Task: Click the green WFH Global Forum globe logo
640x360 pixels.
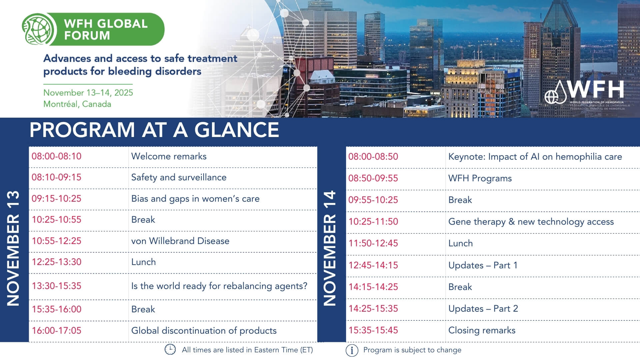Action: (39, 29)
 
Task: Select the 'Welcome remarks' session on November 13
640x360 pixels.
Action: (169, 156)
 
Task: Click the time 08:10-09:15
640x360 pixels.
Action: (56, 177)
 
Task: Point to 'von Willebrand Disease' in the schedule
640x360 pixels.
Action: (180, 241)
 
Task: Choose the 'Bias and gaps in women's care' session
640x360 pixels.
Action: (195, 199)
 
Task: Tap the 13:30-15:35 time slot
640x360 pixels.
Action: (56, 286)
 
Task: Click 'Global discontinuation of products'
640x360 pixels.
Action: (204, 331)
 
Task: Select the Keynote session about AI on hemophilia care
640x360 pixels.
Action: (535, 157)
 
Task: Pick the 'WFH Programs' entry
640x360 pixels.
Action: (480, 178)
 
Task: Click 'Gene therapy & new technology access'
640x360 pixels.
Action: (531, 222)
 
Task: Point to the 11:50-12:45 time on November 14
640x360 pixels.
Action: (373, 243)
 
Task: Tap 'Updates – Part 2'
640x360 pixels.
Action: (483, 309)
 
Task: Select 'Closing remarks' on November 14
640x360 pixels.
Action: (482, 330)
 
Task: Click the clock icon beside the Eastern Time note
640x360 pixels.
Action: (170, 349)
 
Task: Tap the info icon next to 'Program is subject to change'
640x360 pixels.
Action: (352, 350)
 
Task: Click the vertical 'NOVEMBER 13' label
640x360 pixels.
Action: (13, 248)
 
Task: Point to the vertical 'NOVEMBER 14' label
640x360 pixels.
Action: (330, 248)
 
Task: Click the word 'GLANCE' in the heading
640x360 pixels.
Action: (237, 130)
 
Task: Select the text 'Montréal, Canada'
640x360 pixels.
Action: (77, 104)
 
